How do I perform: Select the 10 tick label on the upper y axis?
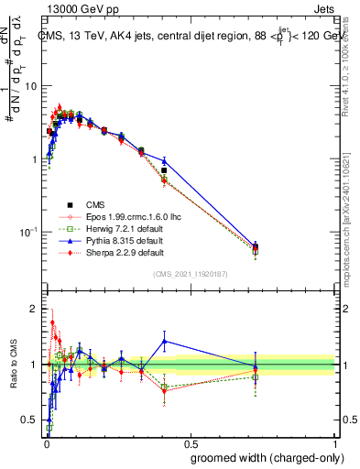click(33, 85)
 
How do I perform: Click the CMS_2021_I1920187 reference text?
click(191, 274)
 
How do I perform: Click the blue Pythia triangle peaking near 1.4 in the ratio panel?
click(164, 341)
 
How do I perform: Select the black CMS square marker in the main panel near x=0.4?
click(164, 170)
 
